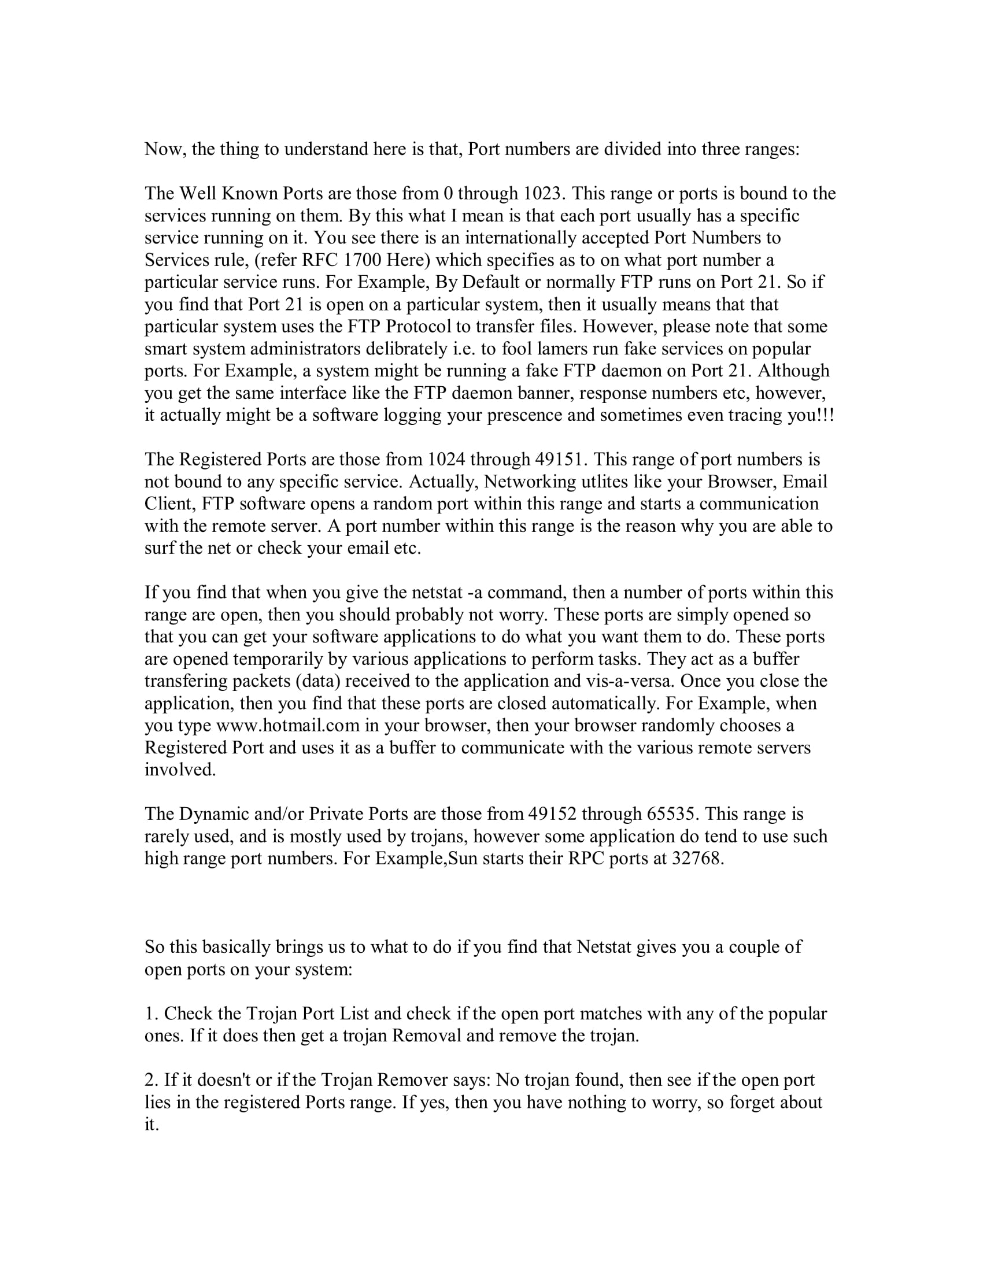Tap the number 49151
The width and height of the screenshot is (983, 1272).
(559, 460)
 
